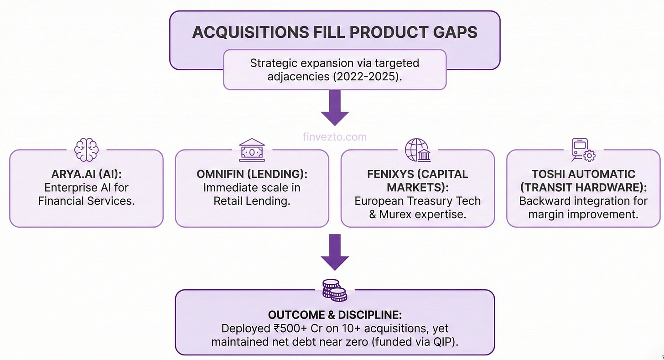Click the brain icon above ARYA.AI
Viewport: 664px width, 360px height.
86,150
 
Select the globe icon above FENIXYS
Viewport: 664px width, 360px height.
417,149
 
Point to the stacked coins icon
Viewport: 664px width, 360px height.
335,290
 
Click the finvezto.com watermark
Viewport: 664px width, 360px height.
335,136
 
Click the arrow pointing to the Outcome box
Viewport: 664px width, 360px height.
335,251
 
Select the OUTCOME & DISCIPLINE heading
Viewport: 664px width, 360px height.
335,316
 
